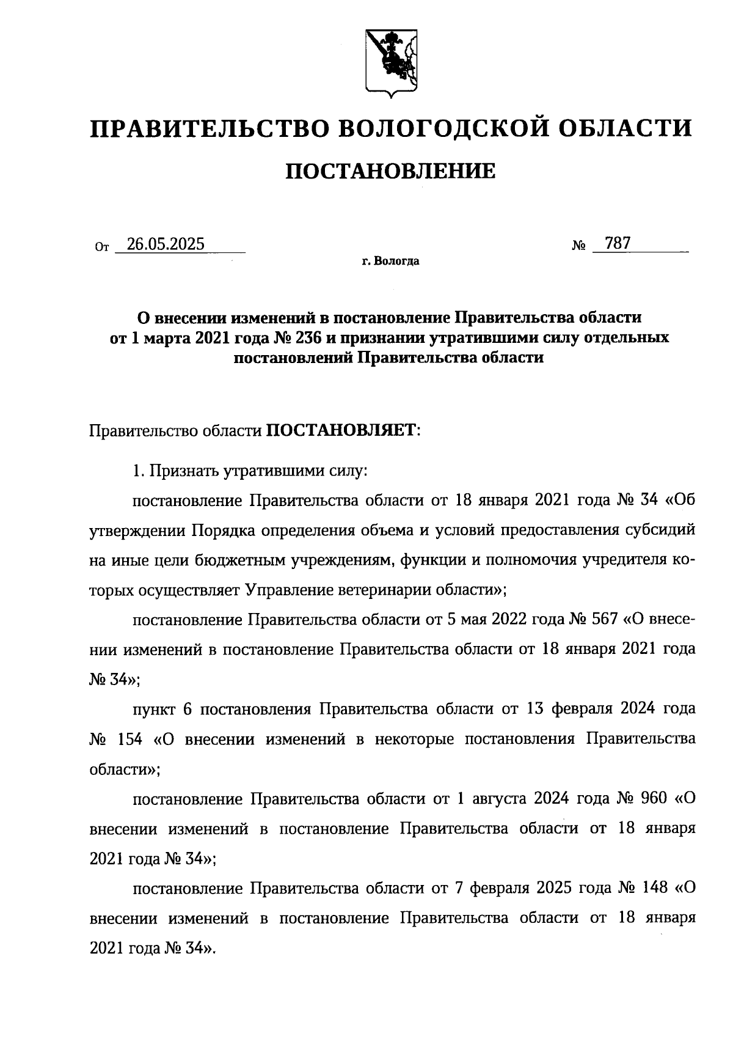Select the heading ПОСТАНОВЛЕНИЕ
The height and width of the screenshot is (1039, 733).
pos(391,171)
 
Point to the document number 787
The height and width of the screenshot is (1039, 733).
pos(617,243)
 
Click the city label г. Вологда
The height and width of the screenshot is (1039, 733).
pos(390,262)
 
